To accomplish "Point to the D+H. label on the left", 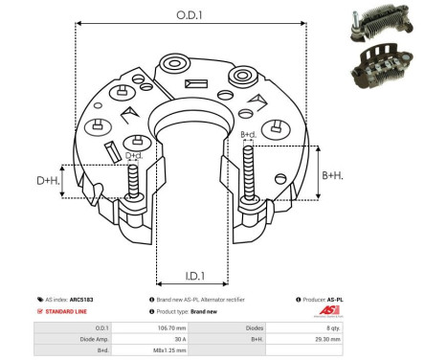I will [x=49, y=181].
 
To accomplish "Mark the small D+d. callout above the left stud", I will [x=134, y=155].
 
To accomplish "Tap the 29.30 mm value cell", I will [x=334, y=339].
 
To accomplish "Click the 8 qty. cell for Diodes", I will [x=334, y=327].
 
